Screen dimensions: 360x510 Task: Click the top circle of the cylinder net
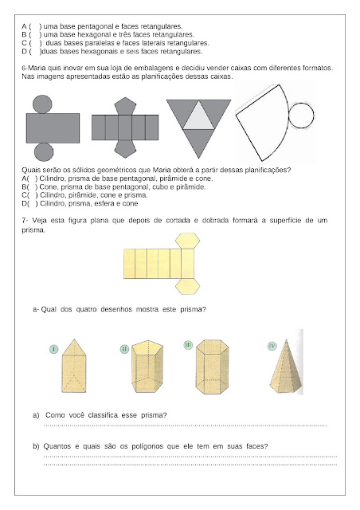pos(42,104)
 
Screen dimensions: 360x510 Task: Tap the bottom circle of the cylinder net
pos(44,152)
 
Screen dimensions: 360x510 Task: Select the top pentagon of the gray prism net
pos(125,106)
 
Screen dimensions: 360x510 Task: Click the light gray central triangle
pos(198,117)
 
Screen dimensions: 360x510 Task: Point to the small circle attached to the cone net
pos(301,116)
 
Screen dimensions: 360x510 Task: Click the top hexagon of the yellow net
pos(187,241)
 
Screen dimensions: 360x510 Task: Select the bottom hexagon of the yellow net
pos(187,287)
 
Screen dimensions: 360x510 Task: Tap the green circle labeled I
pos(53,350)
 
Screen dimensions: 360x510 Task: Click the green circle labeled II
pos(124,350)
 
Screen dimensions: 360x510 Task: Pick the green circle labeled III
pos(188,345)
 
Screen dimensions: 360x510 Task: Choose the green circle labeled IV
pos(272,346)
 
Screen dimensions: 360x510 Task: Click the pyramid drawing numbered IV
pos(286,367)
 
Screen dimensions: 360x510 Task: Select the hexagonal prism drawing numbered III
pos(213,367)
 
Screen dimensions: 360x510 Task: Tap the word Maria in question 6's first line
pos(37,69)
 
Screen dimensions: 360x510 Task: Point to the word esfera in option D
pos(99,204)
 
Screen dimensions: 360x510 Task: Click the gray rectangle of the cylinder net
pos(53,128)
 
